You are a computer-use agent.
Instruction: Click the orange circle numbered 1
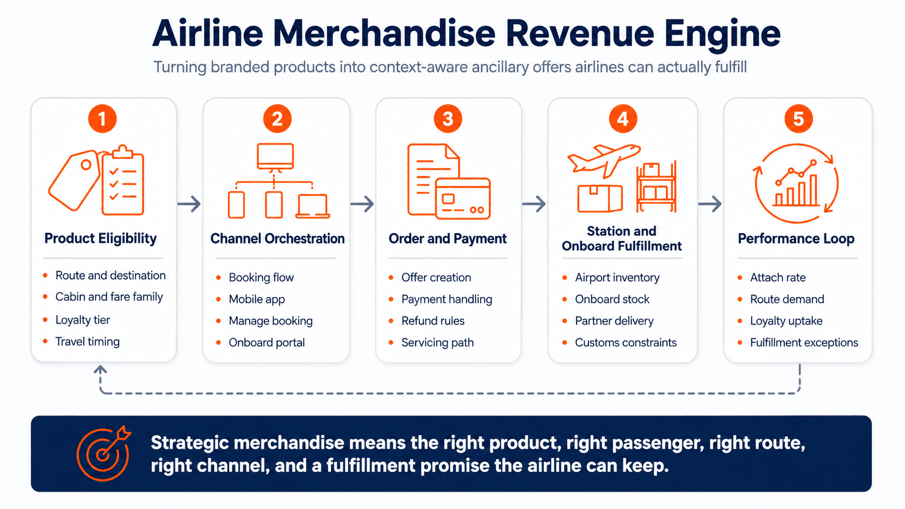[102, 118]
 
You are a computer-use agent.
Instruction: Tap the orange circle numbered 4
[622, 118]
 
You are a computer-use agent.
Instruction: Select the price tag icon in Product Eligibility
[75, 181]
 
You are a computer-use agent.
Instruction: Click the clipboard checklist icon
[123, 180]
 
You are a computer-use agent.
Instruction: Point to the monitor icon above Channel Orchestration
[275, 157]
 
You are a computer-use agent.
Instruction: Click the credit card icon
[463, 198]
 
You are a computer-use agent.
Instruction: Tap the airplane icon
[604, 161]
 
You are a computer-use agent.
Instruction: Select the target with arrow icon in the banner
[104, 453]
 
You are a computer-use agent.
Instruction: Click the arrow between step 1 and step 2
[189, 204]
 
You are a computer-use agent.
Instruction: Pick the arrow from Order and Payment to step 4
[534, 204]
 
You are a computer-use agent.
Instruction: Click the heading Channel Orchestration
[277, 239]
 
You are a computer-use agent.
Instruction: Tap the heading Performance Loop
[796, 239]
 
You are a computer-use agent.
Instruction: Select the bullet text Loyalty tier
[82, 320]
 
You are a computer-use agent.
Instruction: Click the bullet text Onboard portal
[267, 342]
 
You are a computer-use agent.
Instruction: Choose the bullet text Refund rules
[432, 321]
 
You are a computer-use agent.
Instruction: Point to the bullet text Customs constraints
[625, 342]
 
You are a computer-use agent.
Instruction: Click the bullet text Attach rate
[778, 277]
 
